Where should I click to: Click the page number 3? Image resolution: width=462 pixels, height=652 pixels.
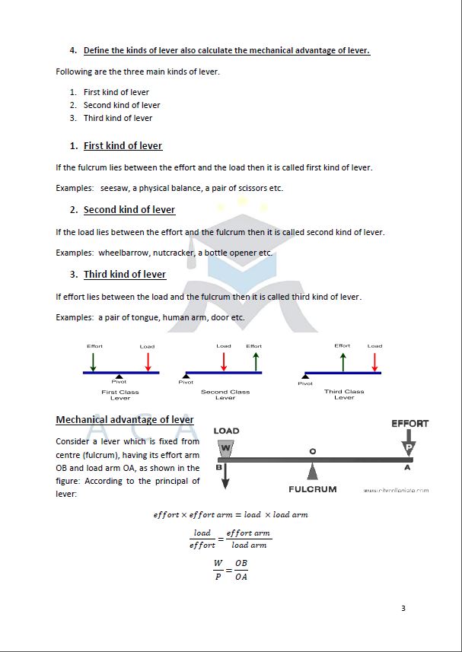tap(403, 608)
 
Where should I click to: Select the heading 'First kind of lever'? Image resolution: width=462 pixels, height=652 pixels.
tap(123, 145)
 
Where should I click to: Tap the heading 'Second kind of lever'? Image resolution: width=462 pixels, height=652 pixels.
tap(129, 209)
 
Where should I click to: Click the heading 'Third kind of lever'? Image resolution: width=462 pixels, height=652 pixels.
tap(124, 274)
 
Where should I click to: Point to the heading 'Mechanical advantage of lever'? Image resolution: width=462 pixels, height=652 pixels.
tap(125, 419)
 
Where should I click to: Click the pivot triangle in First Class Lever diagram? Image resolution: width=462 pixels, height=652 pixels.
tap(118, 377)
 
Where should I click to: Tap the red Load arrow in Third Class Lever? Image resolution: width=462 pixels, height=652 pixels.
tap(374, 361)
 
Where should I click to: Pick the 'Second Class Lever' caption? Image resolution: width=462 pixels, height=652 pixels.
tap(225, 395)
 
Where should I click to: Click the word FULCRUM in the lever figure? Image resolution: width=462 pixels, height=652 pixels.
tap(312, 488)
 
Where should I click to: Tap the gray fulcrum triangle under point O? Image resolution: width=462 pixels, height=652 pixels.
tap(312, 471)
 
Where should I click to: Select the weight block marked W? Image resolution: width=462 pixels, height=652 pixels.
tap(225, 449)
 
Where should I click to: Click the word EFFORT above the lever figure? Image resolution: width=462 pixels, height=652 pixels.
tap(409, 423)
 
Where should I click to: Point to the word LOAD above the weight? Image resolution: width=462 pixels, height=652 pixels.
tap(226, 431)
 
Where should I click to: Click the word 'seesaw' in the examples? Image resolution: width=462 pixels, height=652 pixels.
tap(116, 188)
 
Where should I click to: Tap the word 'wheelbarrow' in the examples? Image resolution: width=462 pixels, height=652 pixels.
tap(123, 253)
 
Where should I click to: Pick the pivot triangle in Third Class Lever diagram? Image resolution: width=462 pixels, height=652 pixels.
tap(305, 377)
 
